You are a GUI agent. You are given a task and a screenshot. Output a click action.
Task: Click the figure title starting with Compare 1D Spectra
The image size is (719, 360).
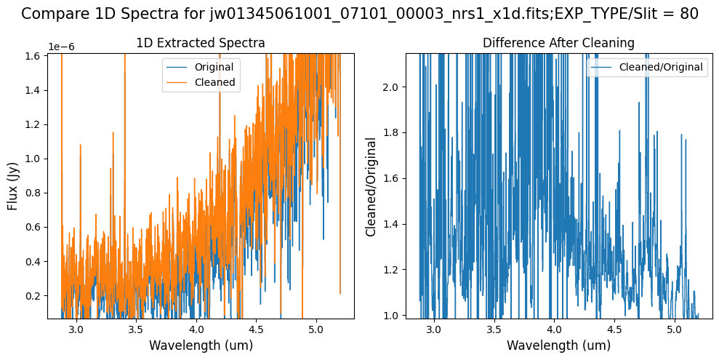tap(359, 14)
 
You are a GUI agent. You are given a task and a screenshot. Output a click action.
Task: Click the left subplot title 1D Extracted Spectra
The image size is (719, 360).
tap(201, 44)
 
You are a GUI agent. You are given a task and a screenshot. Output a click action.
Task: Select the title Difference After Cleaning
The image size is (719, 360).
tap(558, 44)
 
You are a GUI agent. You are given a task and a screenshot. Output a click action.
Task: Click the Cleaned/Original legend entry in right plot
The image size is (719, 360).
tap(661, 68)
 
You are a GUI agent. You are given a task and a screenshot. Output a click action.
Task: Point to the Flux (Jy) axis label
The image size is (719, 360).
tap(14, 185)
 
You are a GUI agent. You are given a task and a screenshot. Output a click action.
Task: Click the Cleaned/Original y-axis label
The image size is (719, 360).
tap(371, 186)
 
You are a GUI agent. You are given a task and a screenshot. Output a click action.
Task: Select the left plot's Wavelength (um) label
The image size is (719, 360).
tap(201, 345)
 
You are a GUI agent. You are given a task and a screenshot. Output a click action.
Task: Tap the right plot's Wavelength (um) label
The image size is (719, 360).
tap(558, 345)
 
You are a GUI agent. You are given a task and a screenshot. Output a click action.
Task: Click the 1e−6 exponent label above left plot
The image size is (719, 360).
tap(61, 47)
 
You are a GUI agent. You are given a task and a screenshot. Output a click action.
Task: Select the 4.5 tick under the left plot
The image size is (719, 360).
tap(256, 330)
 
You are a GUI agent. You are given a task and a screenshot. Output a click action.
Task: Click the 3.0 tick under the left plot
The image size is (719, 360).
tap(76, 330)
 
